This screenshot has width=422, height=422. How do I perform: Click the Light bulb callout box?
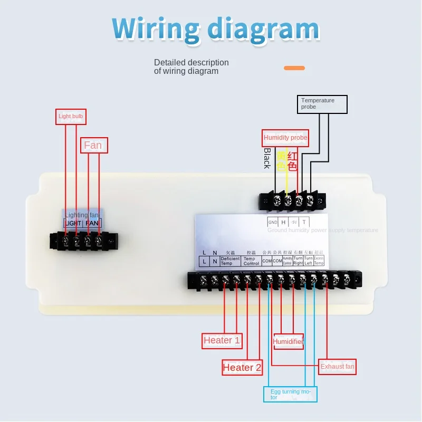(x=70, y=117)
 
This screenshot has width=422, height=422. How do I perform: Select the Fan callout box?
(x=94, y=145)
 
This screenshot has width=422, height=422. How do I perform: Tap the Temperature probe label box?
(x=323, y=104)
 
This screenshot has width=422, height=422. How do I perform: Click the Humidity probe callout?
(x=285, y=138)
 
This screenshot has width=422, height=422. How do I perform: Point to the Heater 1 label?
(x=222, y=340)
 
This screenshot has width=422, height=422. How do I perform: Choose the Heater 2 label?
(x=242, y=368)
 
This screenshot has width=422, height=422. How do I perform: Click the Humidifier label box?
(x=288, y=342)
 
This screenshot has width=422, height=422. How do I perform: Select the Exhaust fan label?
(x=338, y=366)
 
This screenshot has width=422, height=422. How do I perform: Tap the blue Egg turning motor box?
(x=291, y=394)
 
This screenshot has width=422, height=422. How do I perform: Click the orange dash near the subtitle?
(x=294, y=68)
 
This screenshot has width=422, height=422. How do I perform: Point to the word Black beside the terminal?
(x=267, y=158)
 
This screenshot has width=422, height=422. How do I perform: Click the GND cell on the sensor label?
(x=273, y=222)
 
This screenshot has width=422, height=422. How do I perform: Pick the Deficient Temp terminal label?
(x=230, y=261)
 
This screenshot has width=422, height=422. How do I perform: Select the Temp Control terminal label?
(x=251, y=261)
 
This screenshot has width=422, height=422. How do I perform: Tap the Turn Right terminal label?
(x=298, y=261)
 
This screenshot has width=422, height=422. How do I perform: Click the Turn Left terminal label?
(x=309, y=261)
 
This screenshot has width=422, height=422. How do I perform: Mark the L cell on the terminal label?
(x=204, y=261)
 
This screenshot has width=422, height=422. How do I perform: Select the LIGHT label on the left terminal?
(x=73, y=224)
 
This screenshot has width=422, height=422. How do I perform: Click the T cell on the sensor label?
(x=303, y=222)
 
